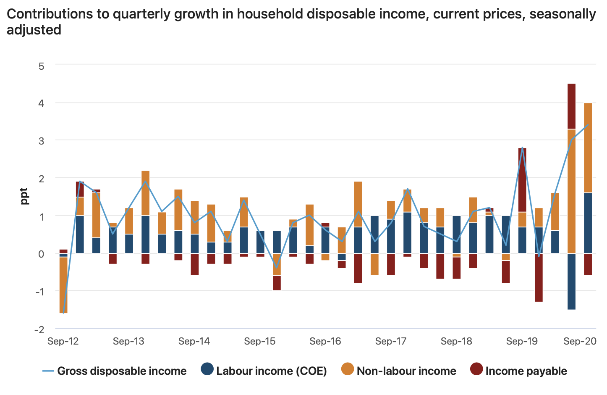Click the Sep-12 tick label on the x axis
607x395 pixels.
point(63,341)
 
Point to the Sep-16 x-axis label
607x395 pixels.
point(325,341)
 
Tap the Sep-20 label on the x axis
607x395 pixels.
point(580,341)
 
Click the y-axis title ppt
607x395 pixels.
point(24,196)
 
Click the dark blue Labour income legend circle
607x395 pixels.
point(207,369)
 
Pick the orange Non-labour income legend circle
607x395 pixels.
point(348,369)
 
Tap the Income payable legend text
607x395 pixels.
point(526,371)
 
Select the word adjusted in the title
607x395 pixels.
point(34,30)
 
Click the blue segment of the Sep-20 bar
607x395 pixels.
point(588,223)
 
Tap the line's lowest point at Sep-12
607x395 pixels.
point(63,313)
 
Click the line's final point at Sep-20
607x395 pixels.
point(588,124)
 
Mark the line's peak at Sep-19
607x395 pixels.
point(522,147)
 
